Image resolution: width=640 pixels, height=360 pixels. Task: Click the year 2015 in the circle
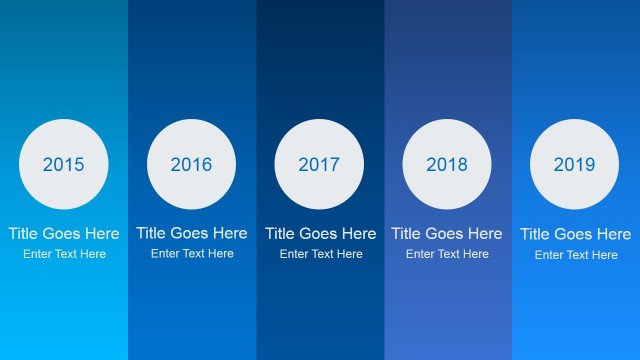tap(64, 165)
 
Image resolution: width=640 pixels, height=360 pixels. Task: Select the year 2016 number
tap(191, 165)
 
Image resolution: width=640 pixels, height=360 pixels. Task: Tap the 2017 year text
tap(319, 165)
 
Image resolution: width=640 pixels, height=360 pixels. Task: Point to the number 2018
tap(447, 165)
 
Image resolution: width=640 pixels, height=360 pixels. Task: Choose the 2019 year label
tap(574, 165)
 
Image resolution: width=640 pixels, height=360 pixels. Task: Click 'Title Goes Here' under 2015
tap(64, 233)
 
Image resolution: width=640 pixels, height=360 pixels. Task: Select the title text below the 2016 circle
tap(192, 233)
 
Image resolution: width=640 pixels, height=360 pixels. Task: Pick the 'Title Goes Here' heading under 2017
tap(320, 233)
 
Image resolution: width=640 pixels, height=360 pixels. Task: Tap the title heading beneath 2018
tap(447, 233)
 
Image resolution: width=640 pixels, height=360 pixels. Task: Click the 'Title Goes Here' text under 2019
tap(576, 234)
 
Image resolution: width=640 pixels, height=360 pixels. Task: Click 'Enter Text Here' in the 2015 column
tap(64, 254)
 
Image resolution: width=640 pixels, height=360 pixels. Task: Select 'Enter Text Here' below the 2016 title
tap(192, 254)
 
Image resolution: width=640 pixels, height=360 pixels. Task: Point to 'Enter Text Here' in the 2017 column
tap(321, 254)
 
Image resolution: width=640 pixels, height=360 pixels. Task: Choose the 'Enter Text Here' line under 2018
tap(447, 254)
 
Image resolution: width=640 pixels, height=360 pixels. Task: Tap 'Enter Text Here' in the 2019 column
tap(576, 255)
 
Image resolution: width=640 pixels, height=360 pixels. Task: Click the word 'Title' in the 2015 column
tap(24, 233)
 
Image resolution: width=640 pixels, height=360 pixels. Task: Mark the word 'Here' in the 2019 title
tap(613, 234)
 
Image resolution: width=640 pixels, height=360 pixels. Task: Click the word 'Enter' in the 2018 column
tap(420, 254)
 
